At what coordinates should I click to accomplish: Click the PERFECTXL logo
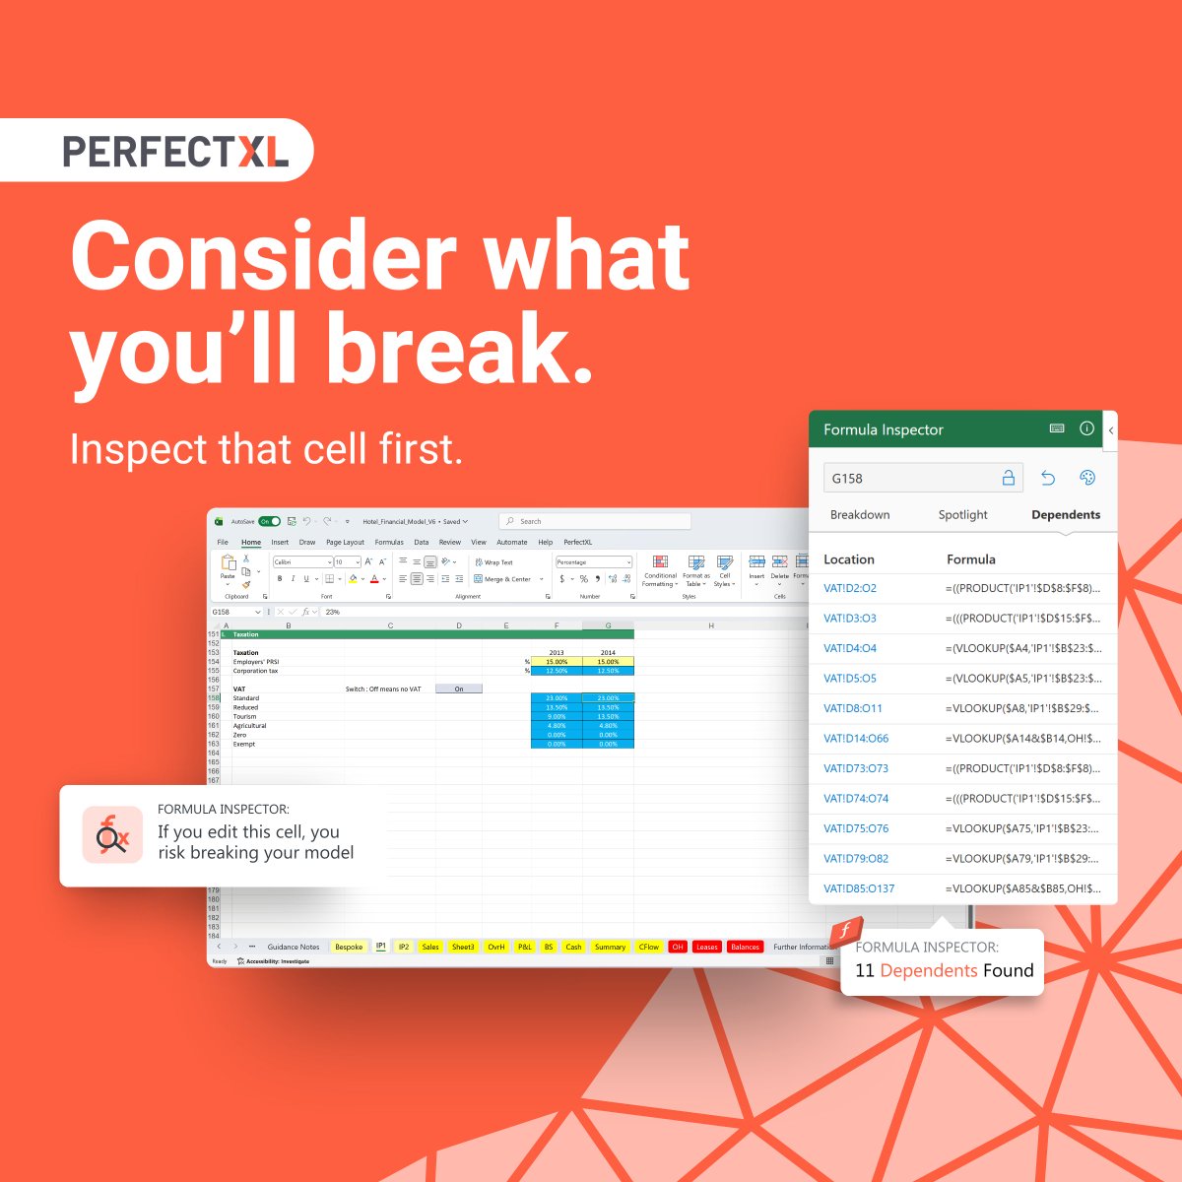175,151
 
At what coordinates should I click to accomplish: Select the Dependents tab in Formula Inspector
1065,514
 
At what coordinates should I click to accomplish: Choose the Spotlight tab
962,514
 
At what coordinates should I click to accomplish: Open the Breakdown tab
859,514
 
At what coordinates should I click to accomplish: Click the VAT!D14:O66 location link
855,738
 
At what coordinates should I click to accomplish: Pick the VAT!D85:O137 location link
859,888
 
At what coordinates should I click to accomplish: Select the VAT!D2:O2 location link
849,588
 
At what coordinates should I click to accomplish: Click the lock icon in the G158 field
1008,478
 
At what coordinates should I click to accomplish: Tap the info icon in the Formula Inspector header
1086,428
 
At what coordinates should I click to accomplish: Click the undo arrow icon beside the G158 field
1048,478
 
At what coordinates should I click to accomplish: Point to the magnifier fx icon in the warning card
111,835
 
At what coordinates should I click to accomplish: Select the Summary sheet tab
610,947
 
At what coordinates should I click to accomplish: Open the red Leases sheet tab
706,947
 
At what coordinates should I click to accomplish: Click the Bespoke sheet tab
349,947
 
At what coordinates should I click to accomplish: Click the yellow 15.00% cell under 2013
557,662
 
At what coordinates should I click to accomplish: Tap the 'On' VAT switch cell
458,689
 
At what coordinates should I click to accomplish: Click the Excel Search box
595,521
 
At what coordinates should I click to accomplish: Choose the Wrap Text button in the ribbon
492,562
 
